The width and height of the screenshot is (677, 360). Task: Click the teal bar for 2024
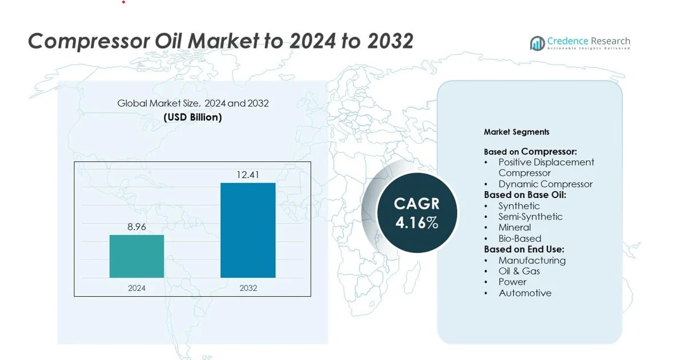point(137,256)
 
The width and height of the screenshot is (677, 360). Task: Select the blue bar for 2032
point(248,230)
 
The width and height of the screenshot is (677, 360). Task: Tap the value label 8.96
point(137,226)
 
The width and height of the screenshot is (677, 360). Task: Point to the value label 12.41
point(248,175)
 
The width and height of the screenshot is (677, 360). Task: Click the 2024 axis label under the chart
point(137,288)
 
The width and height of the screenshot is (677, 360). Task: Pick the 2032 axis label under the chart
point(248,288)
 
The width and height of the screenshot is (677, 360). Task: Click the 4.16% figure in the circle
point(417,223)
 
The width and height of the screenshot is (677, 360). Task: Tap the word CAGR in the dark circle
point(417,204)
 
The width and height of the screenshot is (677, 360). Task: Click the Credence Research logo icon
point(537,43)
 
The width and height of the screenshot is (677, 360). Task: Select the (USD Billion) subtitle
point(192,118)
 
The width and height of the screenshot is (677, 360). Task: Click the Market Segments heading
point(517,132)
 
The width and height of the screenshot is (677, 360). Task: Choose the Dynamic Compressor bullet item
point(545,184)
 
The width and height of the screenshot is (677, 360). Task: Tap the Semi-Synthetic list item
point(531,217)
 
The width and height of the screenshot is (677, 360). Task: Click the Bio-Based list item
point(520,238)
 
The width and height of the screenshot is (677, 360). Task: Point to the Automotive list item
point(525,293)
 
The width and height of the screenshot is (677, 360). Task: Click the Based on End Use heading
point(524,249)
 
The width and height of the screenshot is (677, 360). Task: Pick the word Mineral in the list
point(515,228)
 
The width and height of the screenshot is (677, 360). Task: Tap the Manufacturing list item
point(532,260)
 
